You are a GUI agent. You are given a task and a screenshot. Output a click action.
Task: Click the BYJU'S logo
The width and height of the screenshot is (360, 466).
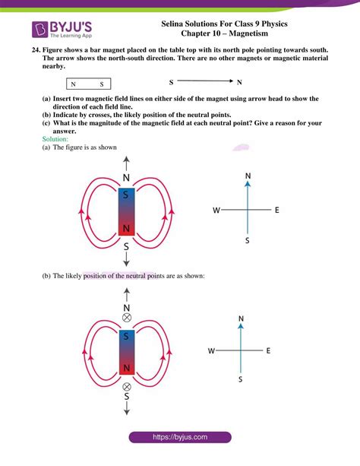[58, 30]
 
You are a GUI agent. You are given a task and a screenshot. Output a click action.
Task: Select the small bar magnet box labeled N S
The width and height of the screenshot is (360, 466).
[90, 84]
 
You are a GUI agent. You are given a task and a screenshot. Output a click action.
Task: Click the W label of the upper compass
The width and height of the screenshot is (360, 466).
[216, 210]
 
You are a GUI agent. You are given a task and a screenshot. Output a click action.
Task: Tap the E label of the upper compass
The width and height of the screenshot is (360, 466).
[277, 210]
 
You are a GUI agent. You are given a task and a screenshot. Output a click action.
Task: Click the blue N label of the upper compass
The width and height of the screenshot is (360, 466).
[248, 176]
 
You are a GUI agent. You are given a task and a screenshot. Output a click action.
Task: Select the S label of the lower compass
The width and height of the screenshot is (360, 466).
[241, 378]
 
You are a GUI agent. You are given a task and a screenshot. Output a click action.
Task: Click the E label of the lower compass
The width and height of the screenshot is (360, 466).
[269, 350]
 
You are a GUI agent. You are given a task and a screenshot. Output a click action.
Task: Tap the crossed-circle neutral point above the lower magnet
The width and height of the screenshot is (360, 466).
[127, 319]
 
